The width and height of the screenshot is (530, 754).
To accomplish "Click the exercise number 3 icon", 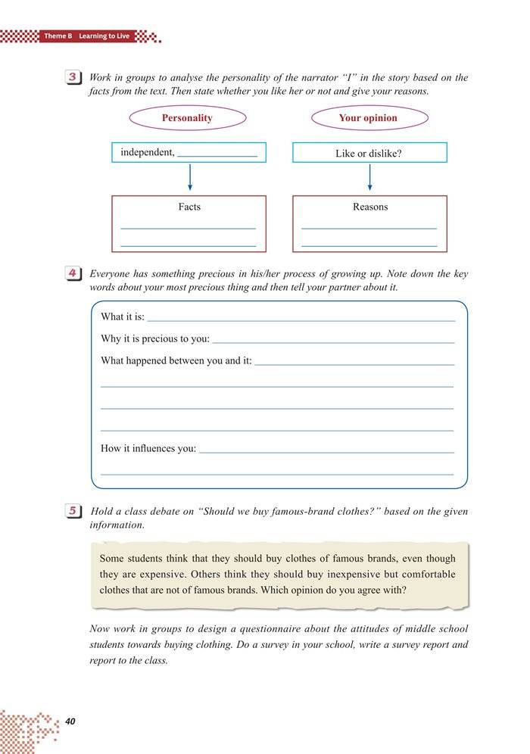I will (x=74, y=78).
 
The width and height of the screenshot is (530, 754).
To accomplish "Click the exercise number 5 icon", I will (x=74, y=511).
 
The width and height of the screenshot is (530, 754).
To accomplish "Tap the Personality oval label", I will (x=187, y=118).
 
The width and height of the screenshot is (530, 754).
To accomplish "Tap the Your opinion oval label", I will (x=368, y=118).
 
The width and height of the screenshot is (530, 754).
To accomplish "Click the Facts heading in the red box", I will (x=189, y=207).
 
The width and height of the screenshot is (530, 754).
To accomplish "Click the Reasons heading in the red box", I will (x=369, y=207).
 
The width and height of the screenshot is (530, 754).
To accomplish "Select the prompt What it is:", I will (x=122, y=317).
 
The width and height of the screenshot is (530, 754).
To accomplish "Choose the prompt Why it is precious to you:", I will (x=155, y=339).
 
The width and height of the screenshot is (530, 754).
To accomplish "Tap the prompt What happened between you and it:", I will (x=176, y=361).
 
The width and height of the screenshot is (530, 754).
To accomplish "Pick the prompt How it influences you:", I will (x=148, y=449).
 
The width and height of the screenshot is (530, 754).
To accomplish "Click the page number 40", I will (x=71, y=721).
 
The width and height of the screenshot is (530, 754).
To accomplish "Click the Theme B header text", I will (x=56, y=36).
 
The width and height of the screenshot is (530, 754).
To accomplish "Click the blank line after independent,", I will (x=217, y=154).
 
